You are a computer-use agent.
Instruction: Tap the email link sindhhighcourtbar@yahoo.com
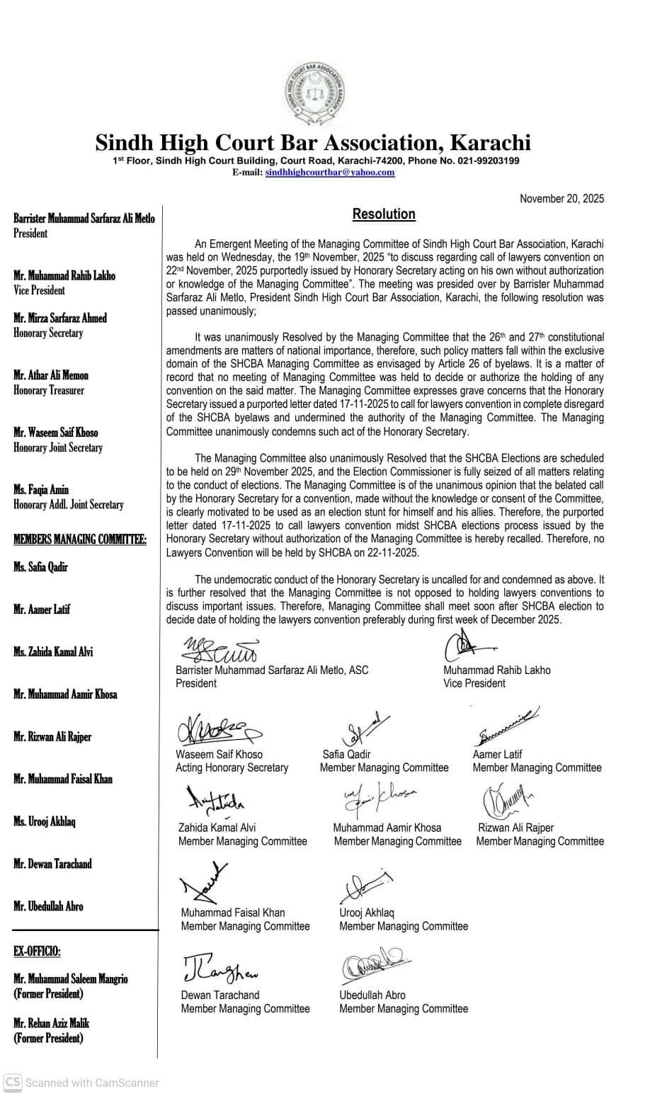[330, 172]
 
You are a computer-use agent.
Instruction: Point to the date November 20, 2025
[561, 199]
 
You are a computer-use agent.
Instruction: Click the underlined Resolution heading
[384, 214]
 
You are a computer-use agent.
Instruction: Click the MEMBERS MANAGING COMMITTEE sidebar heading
[80, 540]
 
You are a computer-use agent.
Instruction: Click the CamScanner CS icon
[11, 1082]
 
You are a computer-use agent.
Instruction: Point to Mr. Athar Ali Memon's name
[51, 375]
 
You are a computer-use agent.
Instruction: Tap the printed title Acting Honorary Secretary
[232, 767]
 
